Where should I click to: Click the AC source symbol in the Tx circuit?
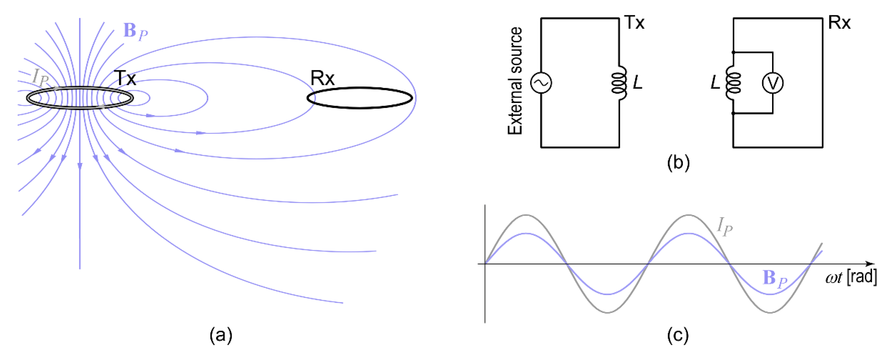[x=541, y=83]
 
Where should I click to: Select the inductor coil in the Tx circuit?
[x=619, y=83]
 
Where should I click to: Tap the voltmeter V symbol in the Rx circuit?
[x=772, y=83]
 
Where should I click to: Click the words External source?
[x=515, y=81]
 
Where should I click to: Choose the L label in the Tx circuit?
[x=638, y=83]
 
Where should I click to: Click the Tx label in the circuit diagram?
[x=634, y=23]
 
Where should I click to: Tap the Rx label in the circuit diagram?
[x=839, y=23]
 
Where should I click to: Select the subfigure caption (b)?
[x=678, y=162]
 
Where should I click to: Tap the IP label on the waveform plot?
[x=725, y=227]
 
